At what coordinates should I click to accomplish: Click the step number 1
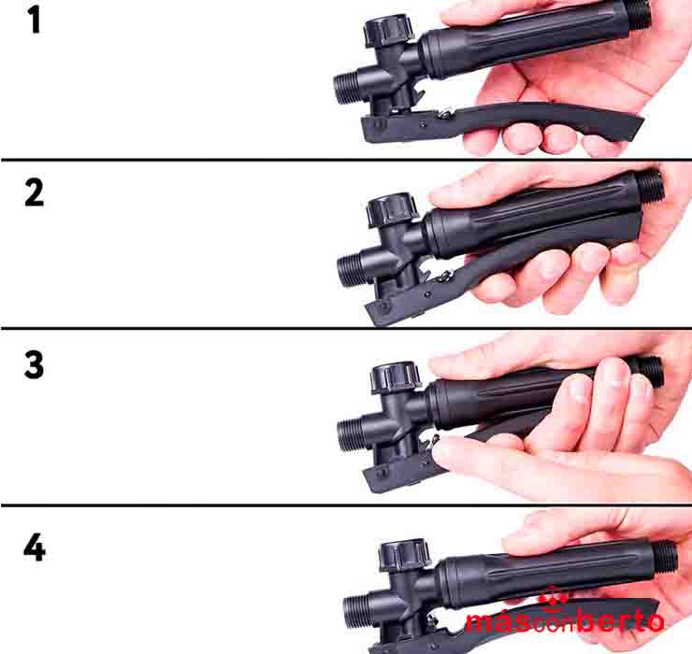[x=35, y=21]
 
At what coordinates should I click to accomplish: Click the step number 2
[x=34, y=193]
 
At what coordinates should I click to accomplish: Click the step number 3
[x=34, y=365]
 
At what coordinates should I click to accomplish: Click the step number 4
[x=35, y=547]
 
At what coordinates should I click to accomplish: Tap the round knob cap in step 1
[x=388, y=30]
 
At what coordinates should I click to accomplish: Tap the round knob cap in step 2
[x=393, y=210]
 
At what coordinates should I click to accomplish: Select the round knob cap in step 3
[x=396, y=377]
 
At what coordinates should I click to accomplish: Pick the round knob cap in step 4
[x=405, y=556]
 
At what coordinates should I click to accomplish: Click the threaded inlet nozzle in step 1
[x=346, y=89]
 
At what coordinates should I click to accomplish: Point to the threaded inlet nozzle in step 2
[x=351, y=269]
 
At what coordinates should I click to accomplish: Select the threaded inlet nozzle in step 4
[x=356, y=611]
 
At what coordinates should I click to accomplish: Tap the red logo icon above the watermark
[x=553, y=599]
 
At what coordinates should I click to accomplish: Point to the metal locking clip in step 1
[x=444, y=113]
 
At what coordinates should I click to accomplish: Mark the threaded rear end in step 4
[x=665, y=557]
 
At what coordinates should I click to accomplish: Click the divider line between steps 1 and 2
[x=346, y=159]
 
